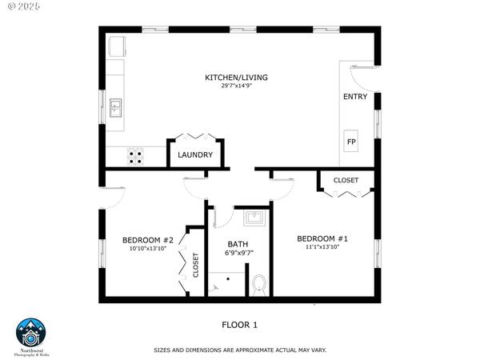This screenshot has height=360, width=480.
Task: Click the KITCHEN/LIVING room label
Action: pyautogui.click(x=236, y=78)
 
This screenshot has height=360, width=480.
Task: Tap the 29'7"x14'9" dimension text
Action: pyautogui.click(x=236, y=86)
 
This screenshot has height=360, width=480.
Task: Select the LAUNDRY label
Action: pyautogui.click(x=195, y=155)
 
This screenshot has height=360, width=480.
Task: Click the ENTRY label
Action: pyautogui.click(x=354, y=97)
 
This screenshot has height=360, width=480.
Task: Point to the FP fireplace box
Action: pyautogui.click(x=351, y=142)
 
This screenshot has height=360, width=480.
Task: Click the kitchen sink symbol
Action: pyautogui.click(x=116, y=106)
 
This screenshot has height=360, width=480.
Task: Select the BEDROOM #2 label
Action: pyautogui.click(x=147, y=240)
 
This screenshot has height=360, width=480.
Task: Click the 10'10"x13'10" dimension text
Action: pyautogui.click(x=147, y=249)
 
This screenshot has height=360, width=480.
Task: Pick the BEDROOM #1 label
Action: pyautogui.click(x=322, y=238)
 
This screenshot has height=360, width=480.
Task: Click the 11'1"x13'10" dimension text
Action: pyautogui.click(x=322, y=247)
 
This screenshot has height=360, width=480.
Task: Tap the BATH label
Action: pyautogui.click(x=238, y=244)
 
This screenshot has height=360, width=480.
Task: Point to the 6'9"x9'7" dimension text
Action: pyautogui.click(x=238, y=254)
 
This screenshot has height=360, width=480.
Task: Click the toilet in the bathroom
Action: pyautogui.click(x=258, y=284)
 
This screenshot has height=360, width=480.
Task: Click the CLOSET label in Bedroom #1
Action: pyautogui.click(x=346, y=181)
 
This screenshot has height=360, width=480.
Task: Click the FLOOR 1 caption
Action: pyautogui.click(x=239, y=325)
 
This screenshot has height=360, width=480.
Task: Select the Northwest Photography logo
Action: pyautogui.click(x=33, y=337)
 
